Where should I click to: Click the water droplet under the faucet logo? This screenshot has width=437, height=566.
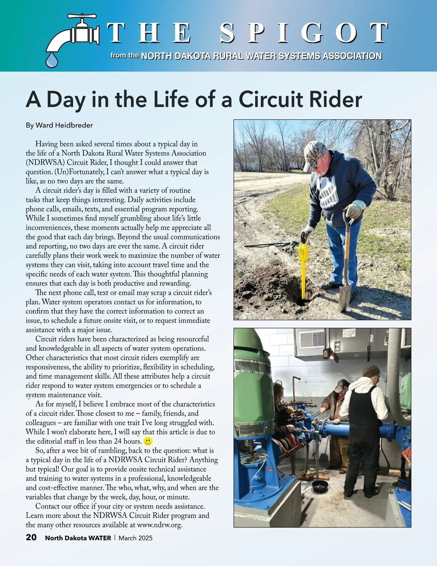(x=52, y=60)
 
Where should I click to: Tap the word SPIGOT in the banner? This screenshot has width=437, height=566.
(x=304, y=33)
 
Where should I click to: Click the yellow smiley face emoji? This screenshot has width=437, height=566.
(x=147, y=441)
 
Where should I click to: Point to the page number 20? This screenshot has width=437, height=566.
(x=31, y=537)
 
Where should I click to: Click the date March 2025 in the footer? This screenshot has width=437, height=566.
(x=135, y=538)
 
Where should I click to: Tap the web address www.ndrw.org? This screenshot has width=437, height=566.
(x=160, y=525)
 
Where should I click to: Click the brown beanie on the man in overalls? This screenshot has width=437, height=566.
(x=371, y=371)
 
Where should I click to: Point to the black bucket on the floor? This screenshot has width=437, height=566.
(x=320, y=486)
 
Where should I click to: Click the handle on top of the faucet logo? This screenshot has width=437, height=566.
(x=82, y=16)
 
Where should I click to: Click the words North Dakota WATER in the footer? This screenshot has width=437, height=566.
(x=78, y=538)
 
